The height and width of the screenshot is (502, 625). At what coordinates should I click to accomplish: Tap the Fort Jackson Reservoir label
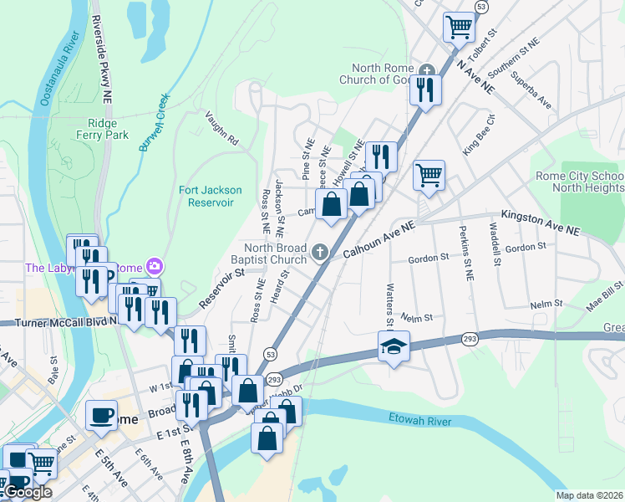click(211, 196)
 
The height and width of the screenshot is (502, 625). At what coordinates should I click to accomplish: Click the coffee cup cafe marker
click(101, 415)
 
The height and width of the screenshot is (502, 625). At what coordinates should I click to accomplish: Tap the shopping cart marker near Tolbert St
click(459, 27)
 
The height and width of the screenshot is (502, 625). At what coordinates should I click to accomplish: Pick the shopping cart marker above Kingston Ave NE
click(429, 175)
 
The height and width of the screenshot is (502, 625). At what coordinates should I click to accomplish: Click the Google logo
click(28, 492)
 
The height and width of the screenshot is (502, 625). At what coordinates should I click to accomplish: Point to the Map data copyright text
click(588, 495)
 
